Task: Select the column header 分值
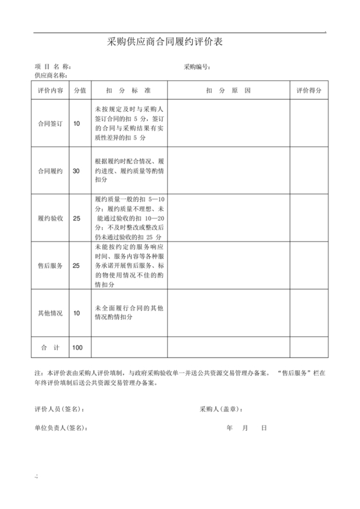pos(80,90)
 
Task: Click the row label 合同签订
pos(50,123)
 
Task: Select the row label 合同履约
pos(50,171)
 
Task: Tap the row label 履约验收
pos(50,219)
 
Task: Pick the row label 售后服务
pos(50,265)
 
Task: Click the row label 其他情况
pos(50,313)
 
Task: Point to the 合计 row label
pos(50,347)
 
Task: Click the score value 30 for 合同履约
pos(76,171)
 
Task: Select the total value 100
pos(78,347)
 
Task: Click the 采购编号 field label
pos(197,67)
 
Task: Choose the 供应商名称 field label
pos(52,75)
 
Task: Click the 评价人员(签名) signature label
pos(59,409)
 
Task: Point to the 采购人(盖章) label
pos(221,409)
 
